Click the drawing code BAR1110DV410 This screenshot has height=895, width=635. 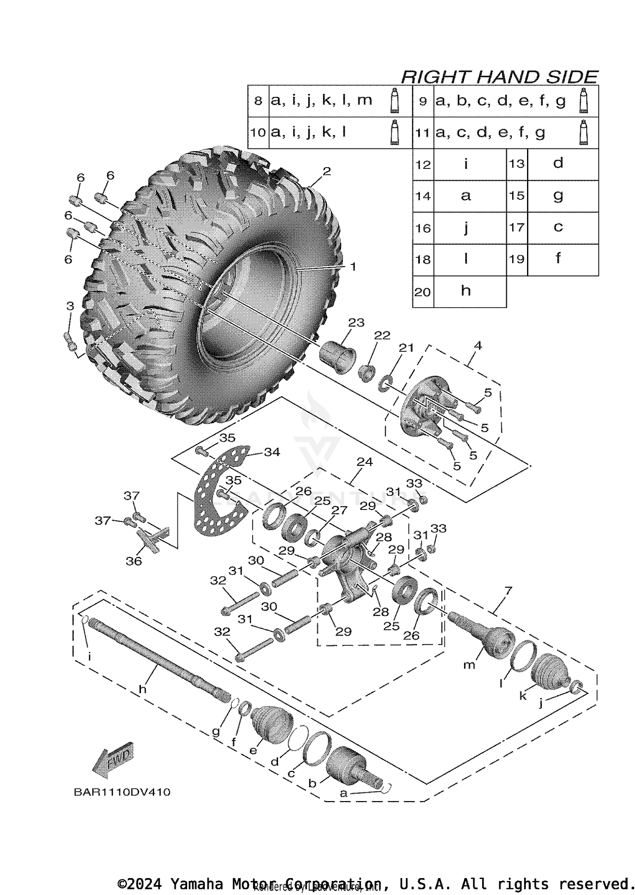122,792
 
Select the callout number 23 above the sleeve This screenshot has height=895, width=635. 356,322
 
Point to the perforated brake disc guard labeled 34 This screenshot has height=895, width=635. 216,499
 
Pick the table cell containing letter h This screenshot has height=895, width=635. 466,291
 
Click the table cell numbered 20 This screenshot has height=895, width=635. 422,292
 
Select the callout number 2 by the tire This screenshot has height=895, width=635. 326,171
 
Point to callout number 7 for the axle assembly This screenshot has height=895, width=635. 508,590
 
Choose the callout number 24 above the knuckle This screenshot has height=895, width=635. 364,462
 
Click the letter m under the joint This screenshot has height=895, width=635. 469,665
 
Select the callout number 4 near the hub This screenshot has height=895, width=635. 478,345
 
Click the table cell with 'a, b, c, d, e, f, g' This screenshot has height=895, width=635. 501,101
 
